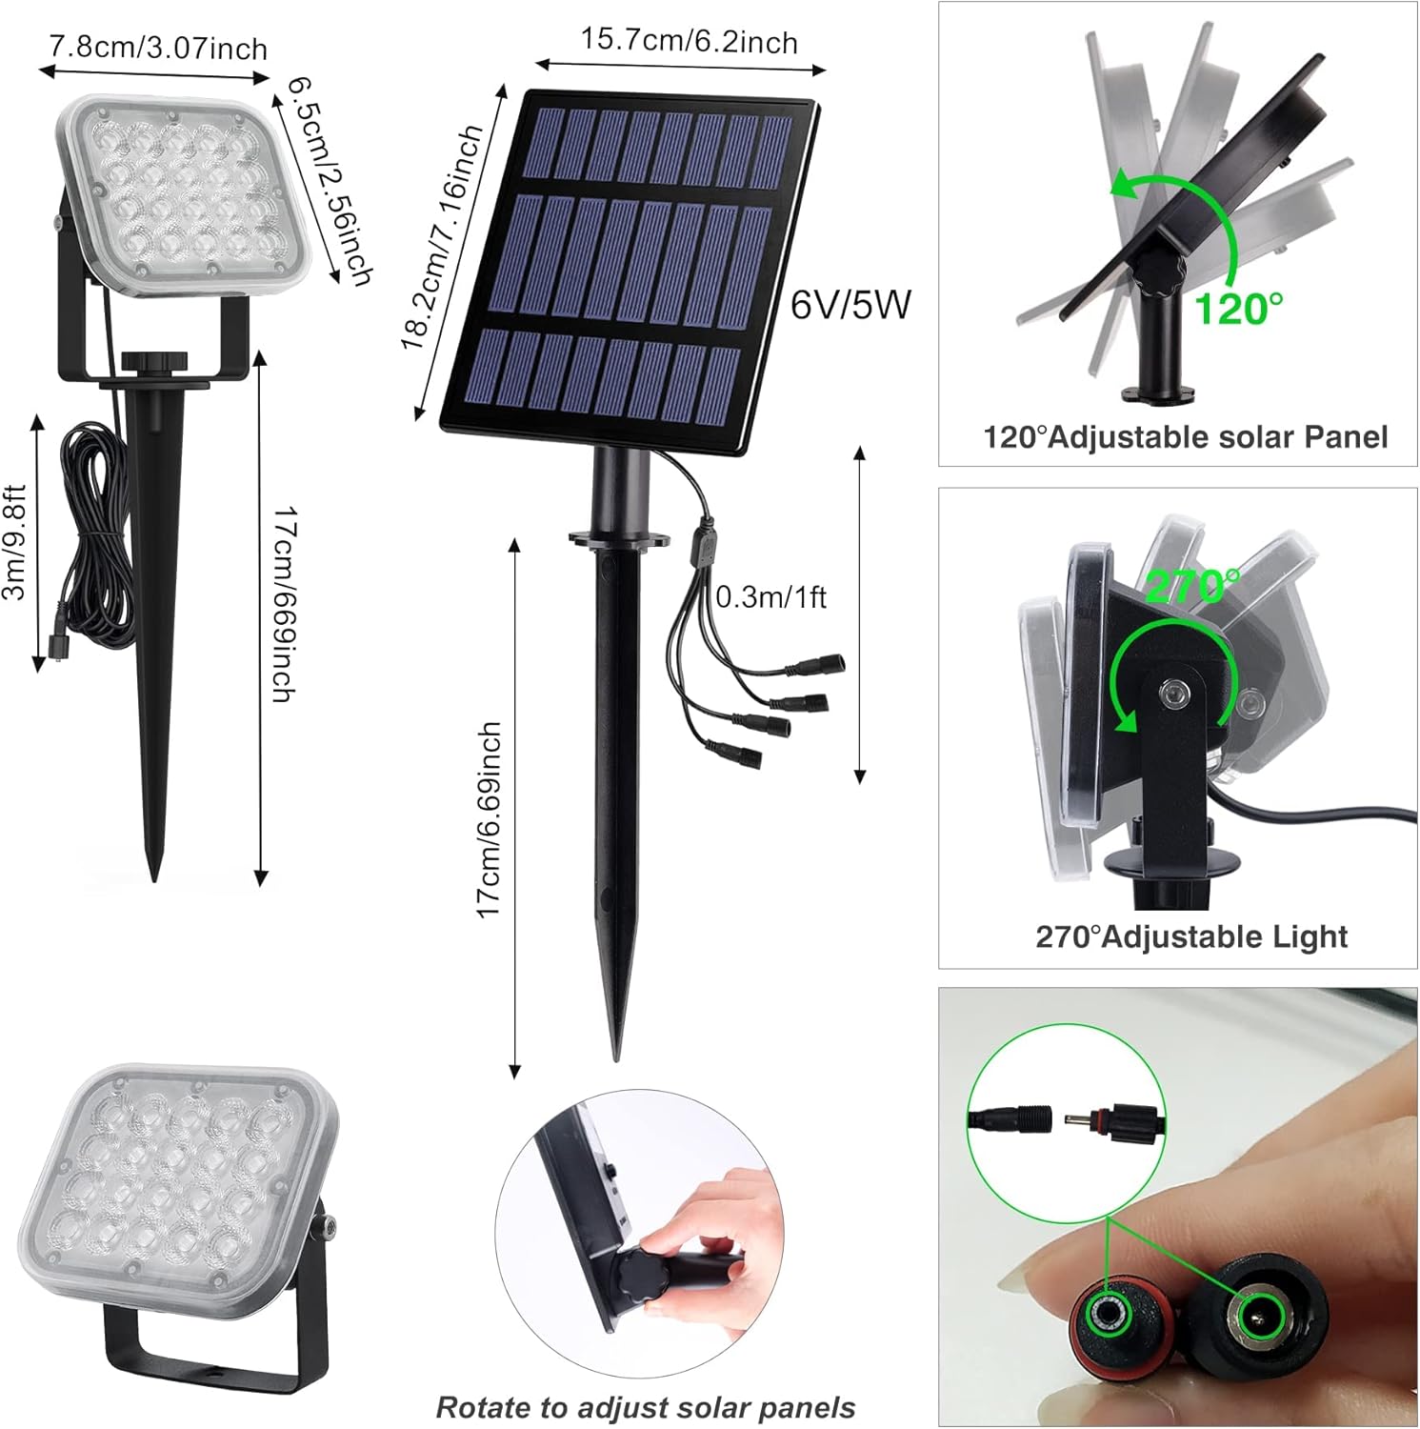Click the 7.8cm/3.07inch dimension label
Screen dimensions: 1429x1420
click(x=158, y=47)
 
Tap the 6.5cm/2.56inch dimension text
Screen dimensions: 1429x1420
click(x=329, y=181)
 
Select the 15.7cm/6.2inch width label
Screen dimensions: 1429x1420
click(x=689, y=41)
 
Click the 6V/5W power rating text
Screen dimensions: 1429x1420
click(x=850, y=305)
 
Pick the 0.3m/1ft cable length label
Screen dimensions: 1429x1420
click(x=770, y=597)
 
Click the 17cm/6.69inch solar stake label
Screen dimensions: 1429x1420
click(x=489, y=819)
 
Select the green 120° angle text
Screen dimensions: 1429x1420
click(x=1238, y=309)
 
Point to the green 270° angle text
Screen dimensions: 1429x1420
click(x=1192, y=586)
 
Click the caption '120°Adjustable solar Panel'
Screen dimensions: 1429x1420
click(x=1185, y=437)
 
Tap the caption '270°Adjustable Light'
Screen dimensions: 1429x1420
click(x=1191, y=936)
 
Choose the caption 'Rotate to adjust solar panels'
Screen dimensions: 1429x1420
click(x=645, y=1407)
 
